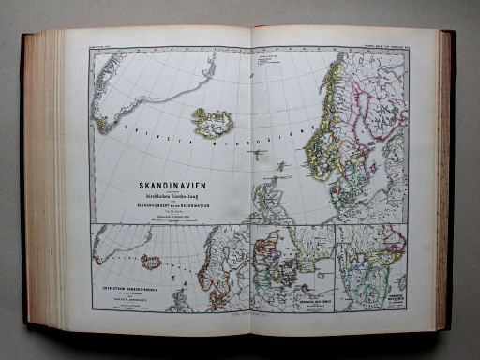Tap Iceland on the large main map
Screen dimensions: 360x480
point(211,121)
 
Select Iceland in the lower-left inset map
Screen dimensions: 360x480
point(151,262)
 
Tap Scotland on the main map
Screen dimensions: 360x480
point(266,197)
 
